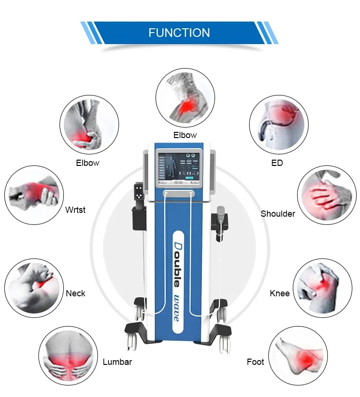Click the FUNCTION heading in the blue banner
(x=179, y=33)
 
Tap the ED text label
(x=277, y=163)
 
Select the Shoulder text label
(x=278, y=213)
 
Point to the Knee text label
(x=280, y=293)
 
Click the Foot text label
(x=255, y=362)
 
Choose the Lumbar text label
(x=117, y=362)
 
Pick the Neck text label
(x=76, y=293)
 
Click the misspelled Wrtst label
(x=75, y=210)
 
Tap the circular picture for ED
(x=277, y=124)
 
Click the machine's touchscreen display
(x=179, y=167)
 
